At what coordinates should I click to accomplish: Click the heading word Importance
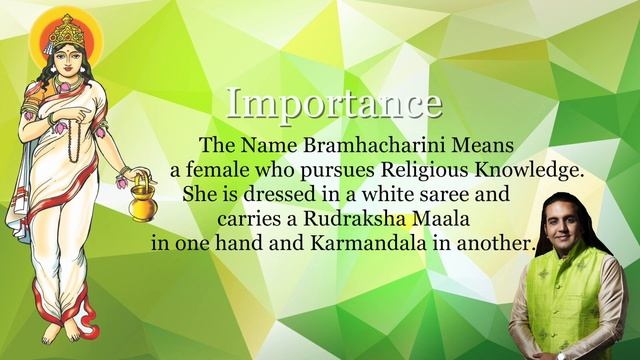pyautogui.click(x=333, y=103)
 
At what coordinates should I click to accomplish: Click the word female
pyautogui.click(x=220, y=170)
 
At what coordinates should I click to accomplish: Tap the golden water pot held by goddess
pyautogui.click(x=143, y=197)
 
